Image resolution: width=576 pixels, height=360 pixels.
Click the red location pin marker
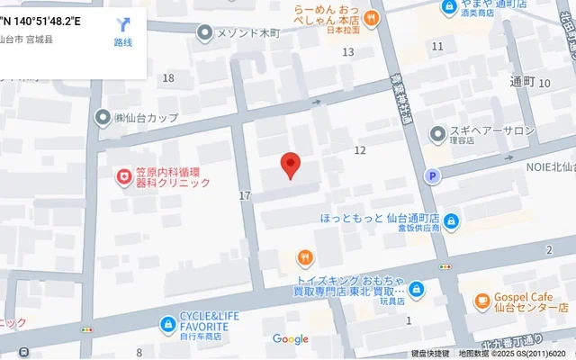(x=290, y=165)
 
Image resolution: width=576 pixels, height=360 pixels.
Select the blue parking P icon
(x=434, y=175)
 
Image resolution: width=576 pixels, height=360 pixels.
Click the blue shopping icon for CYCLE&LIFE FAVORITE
(x=167, y=323)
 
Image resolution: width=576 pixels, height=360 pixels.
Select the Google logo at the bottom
(x=290, y=339)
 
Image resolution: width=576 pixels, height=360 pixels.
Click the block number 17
(x=245, y=195)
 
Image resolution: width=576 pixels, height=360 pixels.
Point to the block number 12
(x=360, y=149)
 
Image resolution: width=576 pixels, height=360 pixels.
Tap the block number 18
(x=168, y=78)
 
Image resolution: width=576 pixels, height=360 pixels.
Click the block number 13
(x=348, y=52)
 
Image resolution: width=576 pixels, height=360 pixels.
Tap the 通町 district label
(x=522, y=82)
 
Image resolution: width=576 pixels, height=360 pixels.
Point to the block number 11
(x=437, y=46)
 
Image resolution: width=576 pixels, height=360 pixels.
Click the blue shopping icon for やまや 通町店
(x=449, y=7)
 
